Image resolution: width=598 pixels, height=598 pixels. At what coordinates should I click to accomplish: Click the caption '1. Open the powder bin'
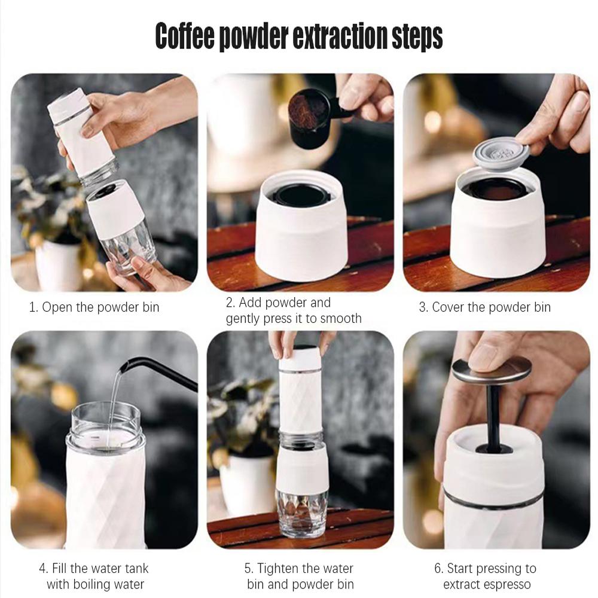(x=94, y=308)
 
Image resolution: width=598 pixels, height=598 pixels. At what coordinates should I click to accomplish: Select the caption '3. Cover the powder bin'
(x=484, y=308)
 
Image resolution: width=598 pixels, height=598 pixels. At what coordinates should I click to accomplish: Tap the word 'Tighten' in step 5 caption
(x=282, y=568)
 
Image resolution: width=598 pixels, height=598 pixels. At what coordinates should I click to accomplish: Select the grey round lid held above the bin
(x=498, y=152)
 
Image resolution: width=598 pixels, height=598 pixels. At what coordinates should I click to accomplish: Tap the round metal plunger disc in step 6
(x=492, y=371)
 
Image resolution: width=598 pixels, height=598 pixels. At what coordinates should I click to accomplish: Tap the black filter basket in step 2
(x=301, y=194)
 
